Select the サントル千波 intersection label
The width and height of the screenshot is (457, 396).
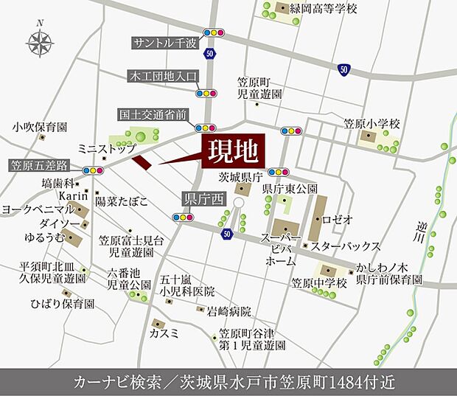[x=166, y=43]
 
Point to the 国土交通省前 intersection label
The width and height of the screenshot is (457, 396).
[x=154, y=114]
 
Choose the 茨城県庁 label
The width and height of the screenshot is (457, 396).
[x=241, y=178]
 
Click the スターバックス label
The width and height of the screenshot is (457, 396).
[x=345, y=246]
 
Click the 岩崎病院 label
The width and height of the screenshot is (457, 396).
[x=230, y=311]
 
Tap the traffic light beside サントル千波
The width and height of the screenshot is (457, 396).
[x=212, y=32]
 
